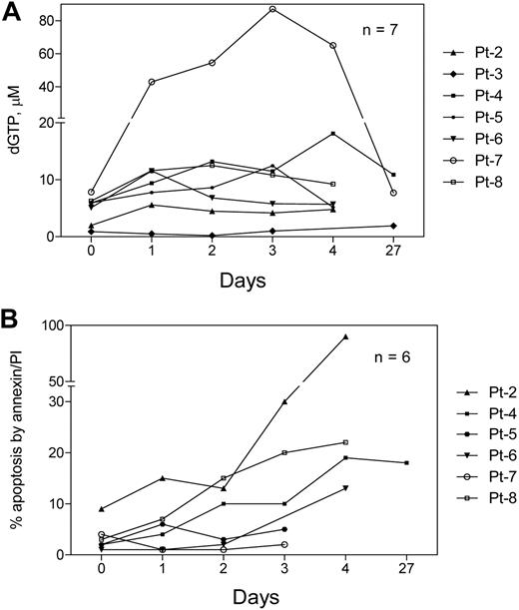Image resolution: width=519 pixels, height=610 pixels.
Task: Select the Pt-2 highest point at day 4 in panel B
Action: pos(345,336)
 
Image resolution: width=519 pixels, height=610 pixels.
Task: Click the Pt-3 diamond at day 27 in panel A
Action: pos(393,226)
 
